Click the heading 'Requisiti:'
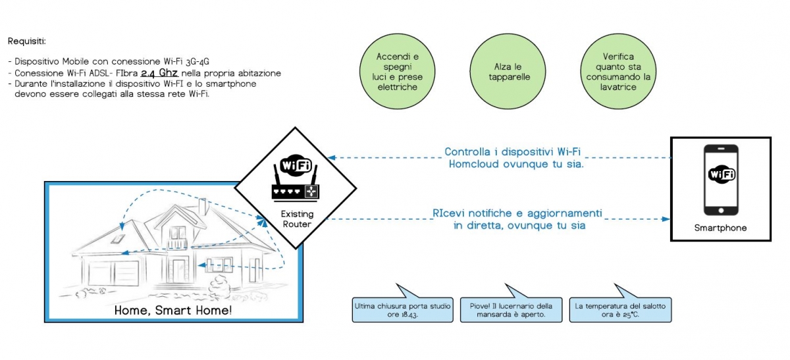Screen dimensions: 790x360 (x=27, y=41)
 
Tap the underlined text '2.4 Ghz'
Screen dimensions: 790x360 (x=159, y=73)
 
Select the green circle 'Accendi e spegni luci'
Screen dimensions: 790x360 (x=397, y=72)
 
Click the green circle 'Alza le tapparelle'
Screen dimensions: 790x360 (x=508, y=72)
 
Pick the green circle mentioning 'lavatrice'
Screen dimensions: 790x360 (x=618, y=72)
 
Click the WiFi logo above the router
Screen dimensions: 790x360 (x=296, y=165)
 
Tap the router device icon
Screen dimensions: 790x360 (x=296, y=184)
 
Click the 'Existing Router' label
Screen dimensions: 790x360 (x=297, y=219)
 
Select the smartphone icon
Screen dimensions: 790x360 (x=721, y=180)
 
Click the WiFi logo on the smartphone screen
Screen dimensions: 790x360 (x=722, y=174)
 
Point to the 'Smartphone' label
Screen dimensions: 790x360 (x=720, y=228)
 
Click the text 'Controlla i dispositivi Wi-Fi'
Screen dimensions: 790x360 (x=512, y=151)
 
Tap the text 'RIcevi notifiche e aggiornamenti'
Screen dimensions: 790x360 (x=517, y=213)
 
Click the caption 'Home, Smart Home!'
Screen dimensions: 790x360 (x=172, y=310)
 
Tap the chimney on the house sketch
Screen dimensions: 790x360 (x=203, y=207)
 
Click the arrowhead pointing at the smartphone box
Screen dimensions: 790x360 (x=666, y=219)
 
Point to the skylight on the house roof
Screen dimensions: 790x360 (x=118, y=240)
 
